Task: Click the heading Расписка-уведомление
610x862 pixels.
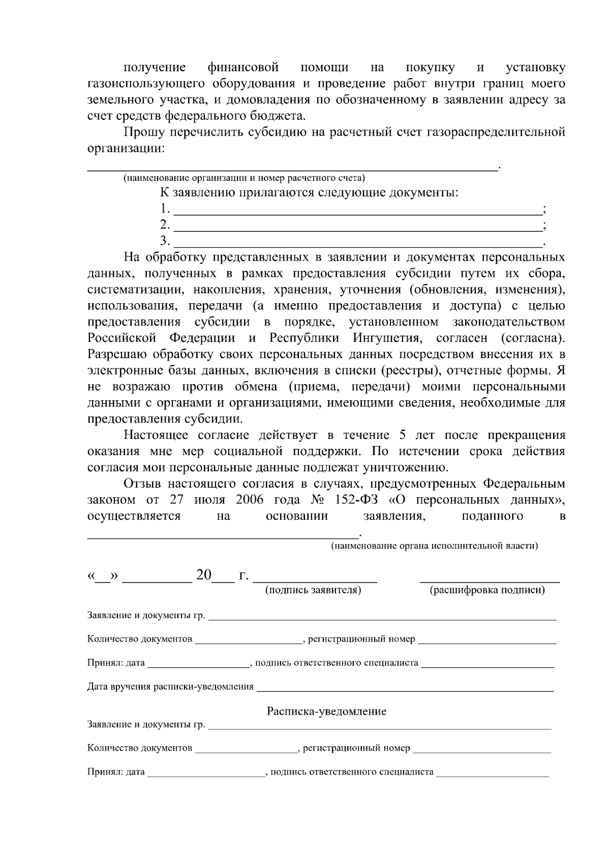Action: pyautogui.click(x=326, y=711)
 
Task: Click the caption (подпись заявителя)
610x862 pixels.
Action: pyautogui.click(x=313, y=590)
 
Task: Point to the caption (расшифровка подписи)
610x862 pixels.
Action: pyautogui.click(x=487, y=590)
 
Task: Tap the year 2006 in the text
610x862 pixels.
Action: pyautogui.click(x=250, y=500)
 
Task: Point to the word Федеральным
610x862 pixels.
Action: pyautogui.click(x=524, y=484)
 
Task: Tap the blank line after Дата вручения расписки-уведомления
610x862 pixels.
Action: pyautogui.click(x=405, y=691)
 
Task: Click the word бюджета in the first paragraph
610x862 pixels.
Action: pyautogui.click(x=281, y=117)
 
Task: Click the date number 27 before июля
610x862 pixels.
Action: pyautogui.click(x=176, y=500)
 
